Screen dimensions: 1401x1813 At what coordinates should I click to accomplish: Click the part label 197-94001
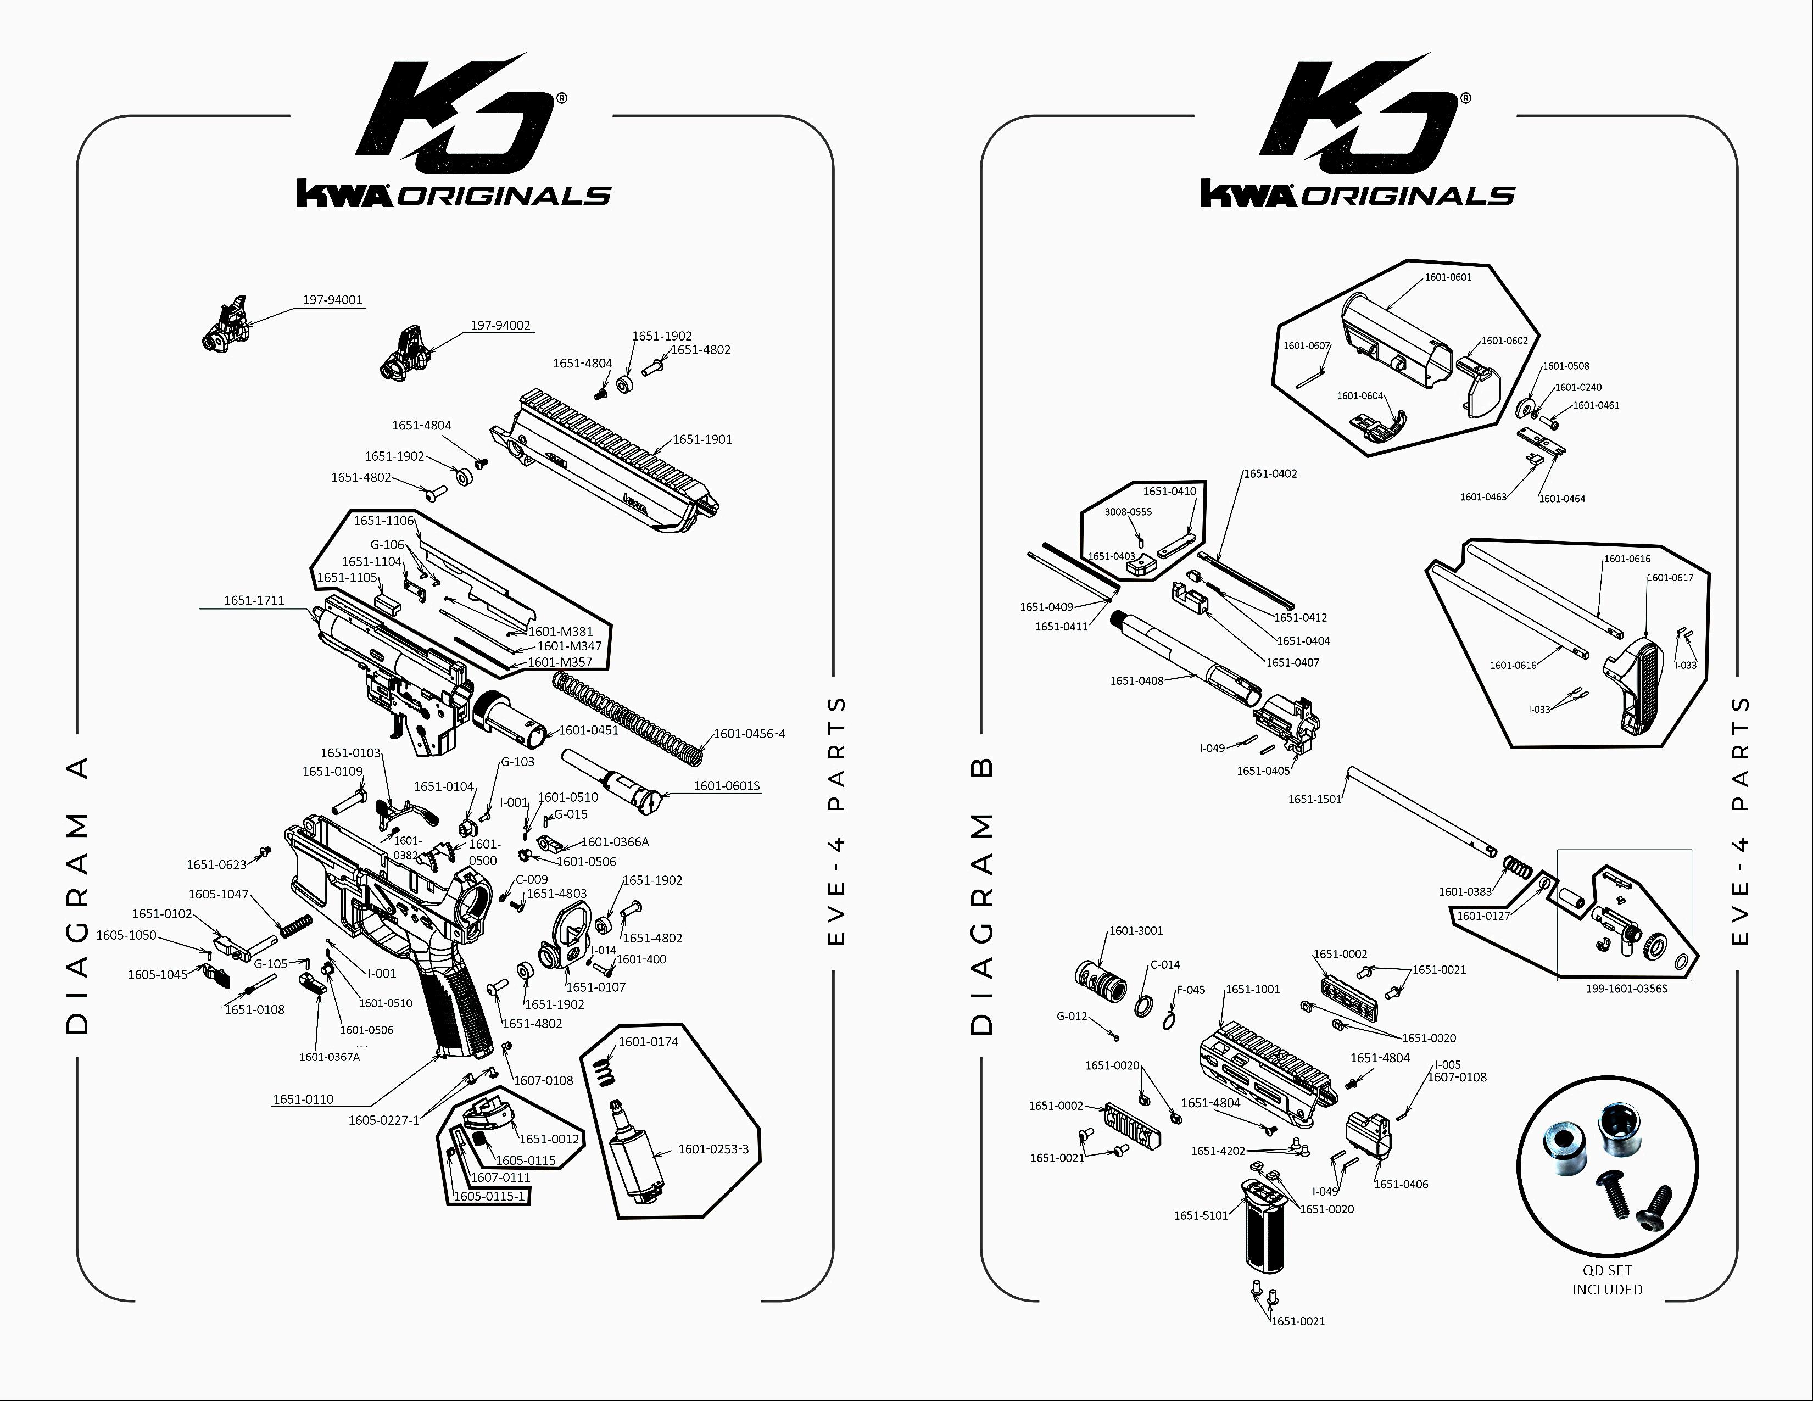pyautogui.click(x=332, y=300)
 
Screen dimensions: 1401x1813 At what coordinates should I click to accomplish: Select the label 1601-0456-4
pyautogui.click(x=750, y=734)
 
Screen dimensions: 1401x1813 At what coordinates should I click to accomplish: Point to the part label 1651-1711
pyautogui.click(x=254, y=600)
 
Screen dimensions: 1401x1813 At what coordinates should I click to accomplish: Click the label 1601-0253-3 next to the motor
pyautogui.click(x=713, y=1149)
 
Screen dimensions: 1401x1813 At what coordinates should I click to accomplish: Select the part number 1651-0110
pyautogui.click(x=303, y=1099)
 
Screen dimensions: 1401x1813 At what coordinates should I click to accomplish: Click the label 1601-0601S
pyautogui.click(x=727, y=785)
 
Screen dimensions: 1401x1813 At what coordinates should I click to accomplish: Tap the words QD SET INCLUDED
pyautogui.click(x=1606, y=1280)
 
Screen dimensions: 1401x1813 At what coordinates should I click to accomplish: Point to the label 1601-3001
pyautogui.click(x=1136, y=930)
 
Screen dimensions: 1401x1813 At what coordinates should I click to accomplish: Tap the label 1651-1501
pyautogui.click(x=1314, y=799)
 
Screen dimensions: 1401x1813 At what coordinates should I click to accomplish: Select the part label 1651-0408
pyautogui.click(x=1136, y=680)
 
